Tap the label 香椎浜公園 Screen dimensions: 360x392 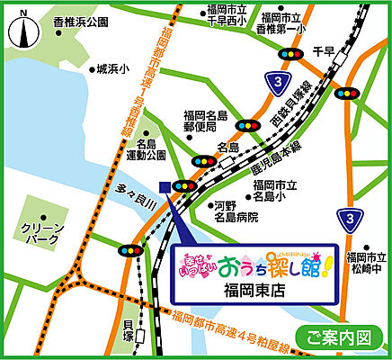click(x=80, y=21)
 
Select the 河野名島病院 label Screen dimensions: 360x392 click(x=236, y=211)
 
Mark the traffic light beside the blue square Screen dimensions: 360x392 click(x=186, y=186)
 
